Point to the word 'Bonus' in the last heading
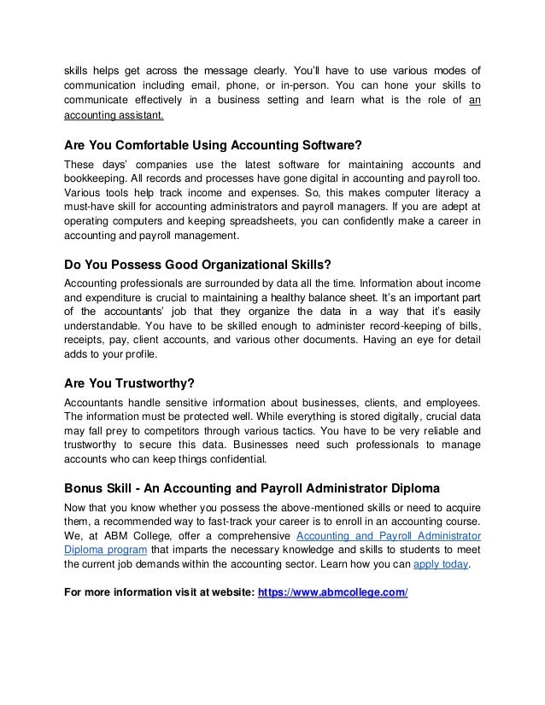click(86, 488)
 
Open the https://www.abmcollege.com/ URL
click(332, 591)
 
